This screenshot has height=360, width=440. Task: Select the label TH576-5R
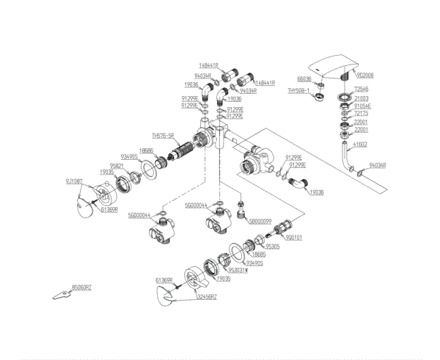(163, 136)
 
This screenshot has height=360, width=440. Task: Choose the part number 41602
(360, 144)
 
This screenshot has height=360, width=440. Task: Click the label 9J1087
(74, 181)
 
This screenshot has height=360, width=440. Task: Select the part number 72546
(361, 89)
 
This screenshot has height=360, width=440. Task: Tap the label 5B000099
(260, 221)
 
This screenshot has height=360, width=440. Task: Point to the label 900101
(295, 238)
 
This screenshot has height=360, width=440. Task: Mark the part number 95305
(273, 246)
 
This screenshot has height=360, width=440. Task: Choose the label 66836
(304, 78)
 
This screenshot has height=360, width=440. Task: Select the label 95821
(117, 165)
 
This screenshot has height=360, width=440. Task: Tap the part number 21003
(361, 98)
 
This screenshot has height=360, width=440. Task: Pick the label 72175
(361, 114)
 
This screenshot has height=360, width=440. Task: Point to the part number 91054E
(363, 106)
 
